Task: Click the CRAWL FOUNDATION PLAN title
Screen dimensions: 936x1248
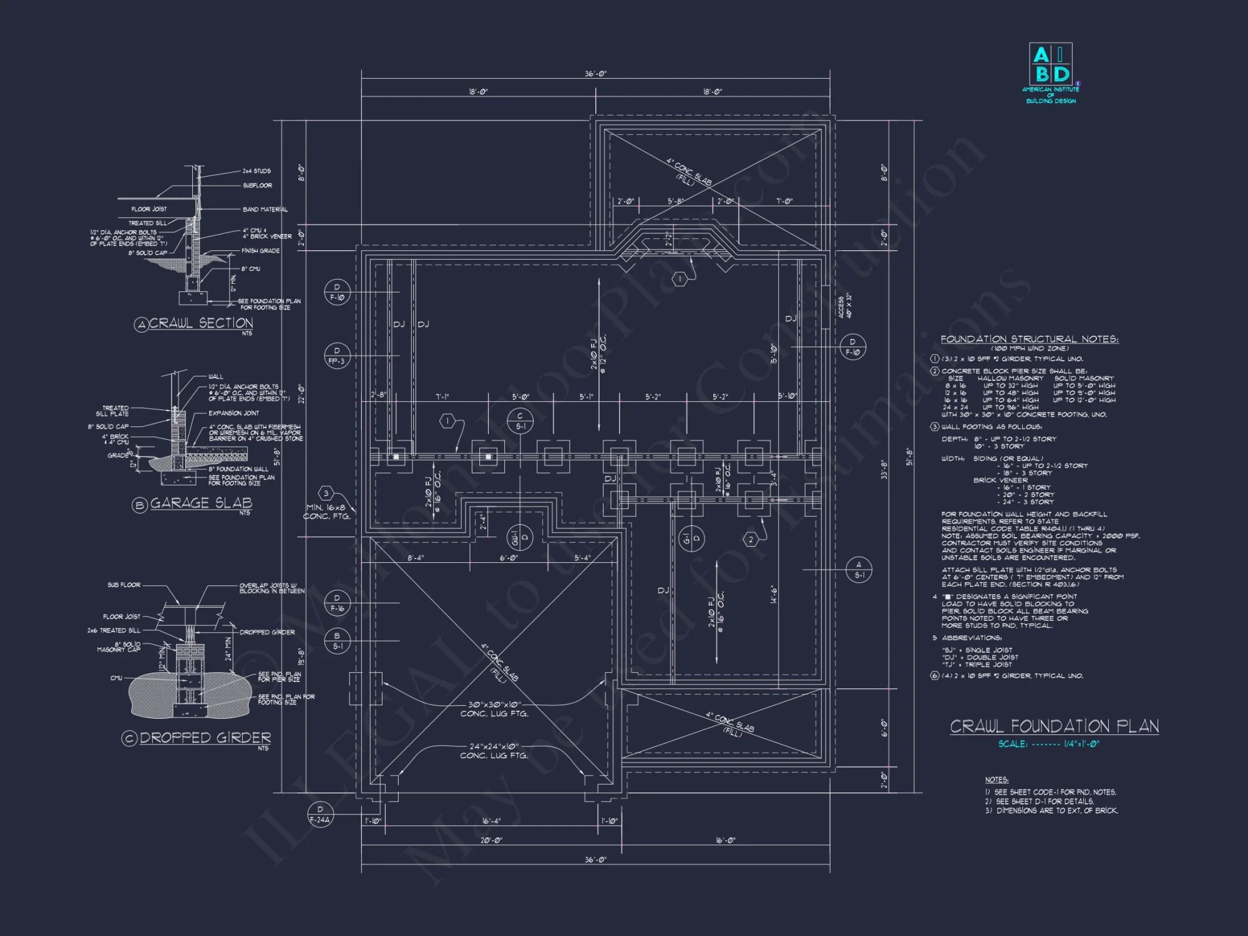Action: [x=1054, y=726]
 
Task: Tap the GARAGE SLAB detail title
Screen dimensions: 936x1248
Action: [x=201, y=503]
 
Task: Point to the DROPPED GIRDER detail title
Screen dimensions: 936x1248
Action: [x=205, y=738]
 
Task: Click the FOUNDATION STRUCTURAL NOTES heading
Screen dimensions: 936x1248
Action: [x=1029, y=339]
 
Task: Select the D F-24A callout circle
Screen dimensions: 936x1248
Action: [x=320, y=814]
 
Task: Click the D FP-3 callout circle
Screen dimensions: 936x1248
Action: [x=337, y=356]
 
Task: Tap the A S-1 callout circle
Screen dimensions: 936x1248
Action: [x=859, y=570]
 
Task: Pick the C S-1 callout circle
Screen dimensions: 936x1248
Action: [x=520, y=421]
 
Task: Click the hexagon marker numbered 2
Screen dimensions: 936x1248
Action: [x=751, y=539]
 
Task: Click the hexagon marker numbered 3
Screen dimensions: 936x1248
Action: [x=325, y=494]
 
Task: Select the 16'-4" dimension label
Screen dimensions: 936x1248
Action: [x=491, y=821]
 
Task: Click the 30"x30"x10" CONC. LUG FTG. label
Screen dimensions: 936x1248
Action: [x=494, y=709]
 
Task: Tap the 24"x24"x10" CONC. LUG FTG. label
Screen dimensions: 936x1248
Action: [x=494, y=751]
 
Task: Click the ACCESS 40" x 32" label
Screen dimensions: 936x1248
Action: [x=844, y=306]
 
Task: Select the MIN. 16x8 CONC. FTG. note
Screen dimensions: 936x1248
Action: [x=327, y=512]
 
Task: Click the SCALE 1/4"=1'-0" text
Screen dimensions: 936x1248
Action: [x=1048, y=744]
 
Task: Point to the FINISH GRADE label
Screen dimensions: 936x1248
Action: [x=260, y=251]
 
